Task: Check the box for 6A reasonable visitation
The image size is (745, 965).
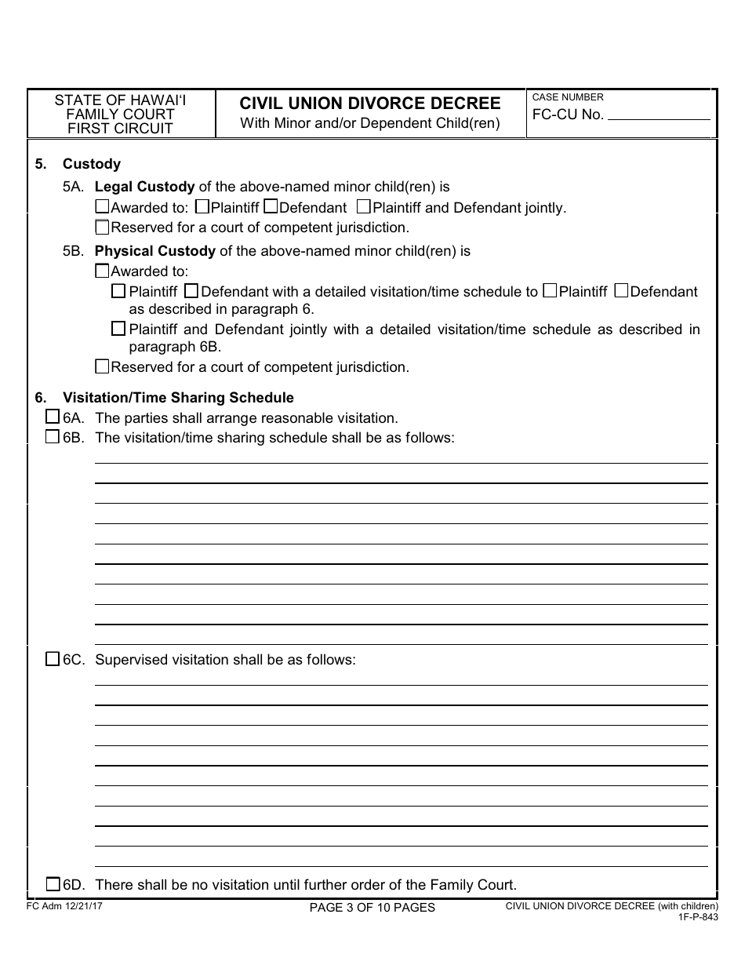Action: (x=53, y=417)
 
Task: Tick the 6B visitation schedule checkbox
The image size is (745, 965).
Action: (x=53, y=437)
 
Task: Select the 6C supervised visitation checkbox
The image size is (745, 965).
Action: (x=53, y=659)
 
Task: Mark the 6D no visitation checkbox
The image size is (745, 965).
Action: (x=53, y=884)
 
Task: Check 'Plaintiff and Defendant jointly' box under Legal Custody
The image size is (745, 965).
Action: (x=363, y=208)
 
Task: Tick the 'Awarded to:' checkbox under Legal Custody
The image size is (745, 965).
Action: (x=102, y=208)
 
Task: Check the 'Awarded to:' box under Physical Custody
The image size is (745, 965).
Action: (x=102, y=271)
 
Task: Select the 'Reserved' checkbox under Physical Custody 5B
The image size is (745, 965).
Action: (x=102, y=366)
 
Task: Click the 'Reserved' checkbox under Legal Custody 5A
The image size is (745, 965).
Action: (x=102, y=228)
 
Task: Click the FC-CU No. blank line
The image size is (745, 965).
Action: (x=659, y=118)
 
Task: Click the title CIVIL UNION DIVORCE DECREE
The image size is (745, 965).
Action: (x=370, y=104)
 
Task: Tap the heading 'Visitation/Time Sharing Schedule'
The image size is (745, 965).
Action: (x=178, y=398)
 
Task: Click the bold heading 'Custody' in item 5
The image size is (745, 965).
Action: (x=92, y=164)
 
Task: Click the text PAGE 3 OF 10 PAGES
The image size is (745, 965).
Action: (x=372, y=908)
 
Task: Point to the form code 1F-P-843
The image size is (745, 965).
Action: (x=698, y=916)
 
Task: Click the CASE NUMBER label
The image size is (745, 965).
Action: (x=568, y=97)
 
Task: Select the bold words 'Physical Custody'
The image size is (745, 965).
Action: (x=154, y=251)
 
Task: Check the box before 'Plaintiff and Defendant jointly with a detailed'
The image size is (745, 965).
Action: (x=118, y=329)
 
